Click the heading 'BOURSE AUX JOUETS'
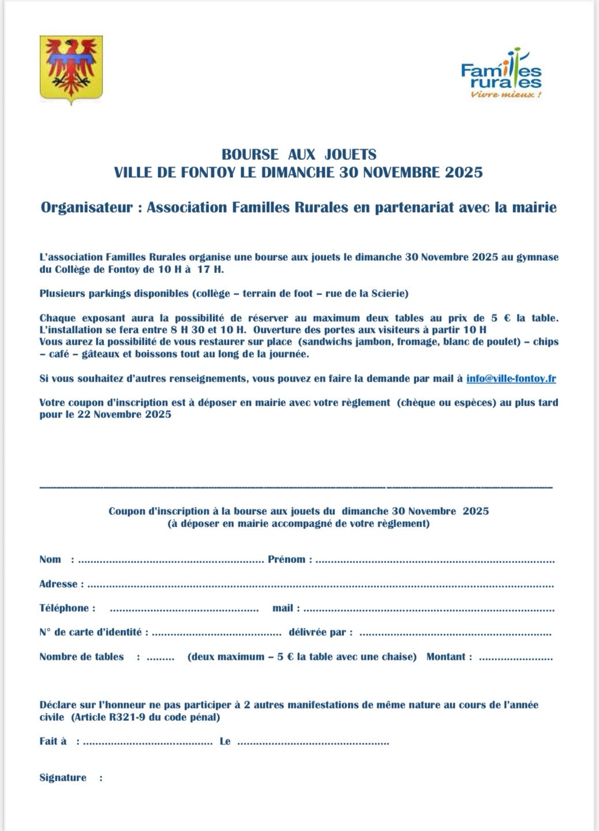coord(299,155)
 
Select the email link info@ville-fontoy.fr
coord(511,379)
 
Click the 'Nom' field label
coord(50,559)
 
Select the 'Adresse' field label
coord(58,584)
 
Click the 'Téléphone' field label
coord(64,608)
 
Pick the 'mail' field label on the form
coord(283,608)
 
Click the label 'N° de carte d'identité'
coord(90,632)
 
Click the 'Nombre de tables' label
coord(81,657)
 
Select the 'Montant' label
coord(445,657)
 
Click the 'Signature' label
coord(63,778)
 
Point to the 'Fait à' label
coord(53,742)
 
